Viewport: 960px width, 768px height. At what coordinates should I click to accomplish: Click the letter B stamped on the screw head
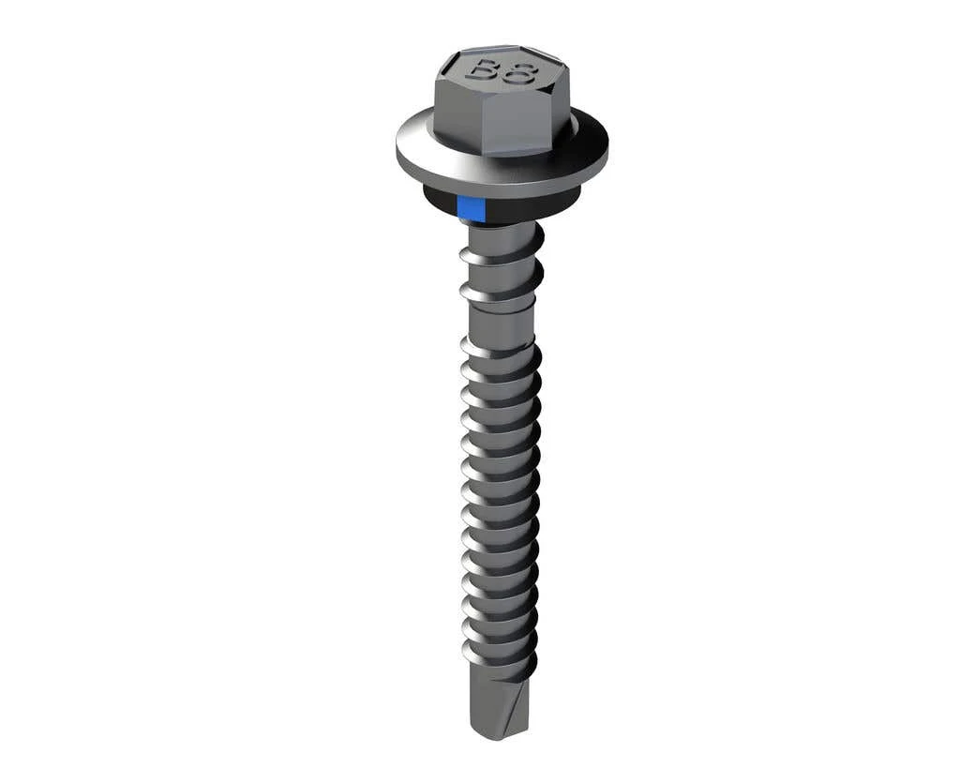484,70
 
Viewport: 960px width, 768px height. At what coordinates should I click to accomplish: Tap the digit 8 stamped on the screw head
517,73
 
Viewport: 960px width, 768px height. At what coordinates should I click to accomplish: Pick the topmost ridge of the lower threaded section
501,349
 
